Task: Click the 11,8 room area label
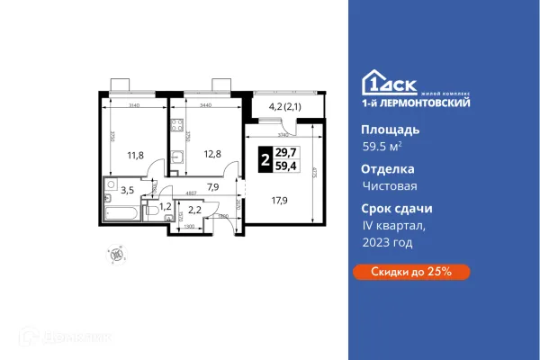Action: coord(135,154)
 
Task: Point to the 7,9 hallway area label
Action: coord(213,187)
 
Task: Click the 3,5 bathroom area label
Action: coord(128,190)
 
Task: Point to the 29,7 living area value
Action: coord(288,152)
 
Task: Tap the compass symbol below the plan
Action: coord(115,254)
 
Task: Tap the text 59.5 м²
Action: coord(381,148)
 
